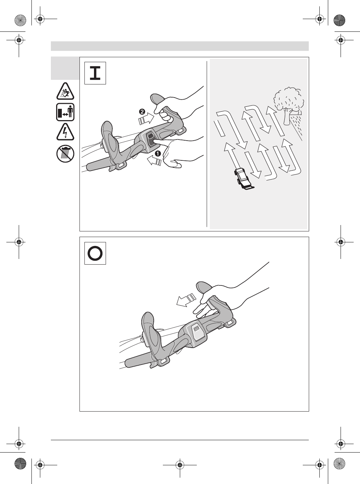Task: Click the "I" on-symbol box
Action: tap(95, 73)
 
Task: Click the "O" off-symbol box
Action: tap(95, 253)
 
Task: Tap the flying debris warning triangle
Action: tap(65, 92)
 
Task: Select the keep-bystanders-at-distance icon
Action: tap(65, 112)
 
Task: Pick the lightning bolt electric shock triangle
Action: tap(65, 132)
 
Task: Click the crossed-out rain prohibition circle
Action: tap(65, 154)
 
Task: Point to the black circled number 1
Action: tap(158, 154)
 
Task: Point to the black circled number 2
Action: tap(142, 112)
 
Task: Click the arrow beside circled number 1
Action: tap(154, 161)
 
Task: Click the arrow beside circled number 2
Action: tap(146, 119)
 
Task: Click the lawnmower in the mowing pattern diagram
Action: tap(243, 178)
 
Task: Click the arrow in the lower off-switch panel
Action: tap(186, 300)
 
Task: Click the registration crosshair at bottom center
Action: tap(180, 465)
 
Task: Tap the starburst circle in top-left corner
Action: tap(20, 20)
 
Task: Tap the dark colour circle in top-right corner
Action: tap(340, 20)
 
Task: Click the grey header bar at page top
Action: tap(180, 46)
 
